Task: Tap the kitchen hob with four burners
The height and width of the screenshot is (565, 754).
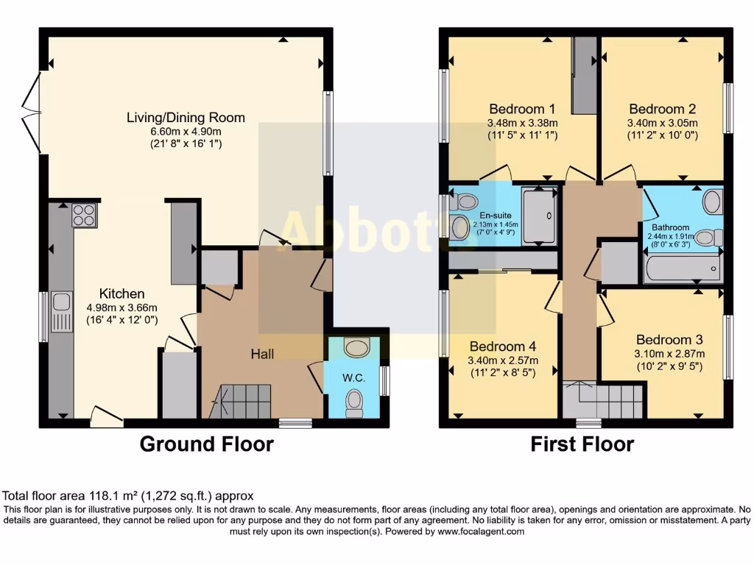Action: (83, 214)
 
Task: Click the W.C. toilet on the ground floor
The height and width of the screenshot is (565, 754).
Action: (354, 402)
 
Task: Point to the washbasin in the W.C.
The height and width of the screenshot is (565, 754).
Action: (356, 347)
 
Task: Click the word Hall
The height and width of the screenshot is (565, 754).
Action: (262, 355)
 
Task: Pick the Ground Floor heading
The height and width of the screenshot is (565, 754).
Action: (206, 444)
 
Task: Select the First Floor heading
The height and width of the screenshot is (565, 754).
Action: (582, 444)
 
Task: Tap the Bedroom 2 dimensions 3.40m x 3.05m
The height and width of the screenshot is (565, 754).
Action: (662, 123)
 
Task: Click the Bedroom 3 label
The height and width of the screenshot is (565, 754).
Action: (669, 340)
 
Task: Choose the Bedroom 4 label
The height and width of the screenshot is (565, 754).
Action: (503, 347)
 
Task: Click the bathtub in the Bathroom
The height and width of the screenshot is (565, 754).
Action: (683, 269)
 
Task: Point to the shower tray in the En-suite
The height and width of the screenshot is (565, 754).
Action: (540, 215)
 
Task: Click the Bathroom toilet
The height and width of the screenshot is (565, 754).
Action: (709, 237)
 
